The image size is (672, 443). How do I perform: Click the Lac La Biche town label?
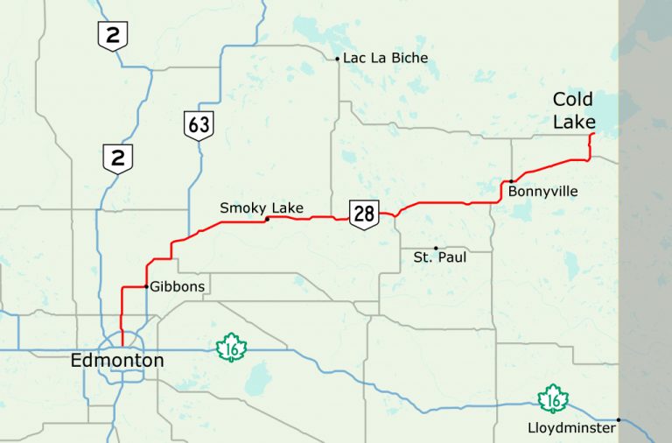coord(386,59)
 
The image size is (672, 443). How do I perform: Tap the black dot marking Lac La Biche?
coord(337,60)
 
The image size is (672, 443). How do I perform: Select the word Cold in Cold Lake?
coord(572,100)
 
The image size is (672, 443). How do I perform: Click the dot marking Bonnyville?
coord(510,181)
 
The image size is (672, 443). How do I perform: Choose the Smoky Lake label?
coord(262,207)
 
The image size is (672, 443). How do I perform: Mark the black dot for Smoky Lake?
coord(267,219)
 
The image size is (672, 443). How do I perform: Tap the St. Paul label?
coord(440,258)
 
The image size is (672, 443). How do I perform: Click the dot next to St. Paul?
coord(436,248)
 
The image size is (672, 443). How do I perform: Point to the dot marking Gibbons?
coord(145,286)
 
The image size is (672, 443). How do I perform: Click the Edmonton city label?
coord(117,361)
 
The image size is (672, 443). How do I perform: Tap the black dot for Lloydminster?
coord(619,420)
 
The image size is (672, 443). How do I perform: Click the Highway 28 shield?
coord(363,213)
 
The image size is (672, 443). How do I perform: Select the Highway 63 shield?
coord(199,125)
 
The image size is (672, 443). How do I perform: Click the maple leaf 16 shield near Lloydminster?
coord(553,399)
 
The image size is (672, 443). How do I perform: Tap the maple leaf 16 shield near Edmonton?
coord(232,348)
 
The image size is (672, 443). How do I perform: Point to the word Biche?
coord(411,59)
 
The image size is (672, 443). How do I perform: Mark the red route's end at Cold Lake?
coord(593,134)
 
